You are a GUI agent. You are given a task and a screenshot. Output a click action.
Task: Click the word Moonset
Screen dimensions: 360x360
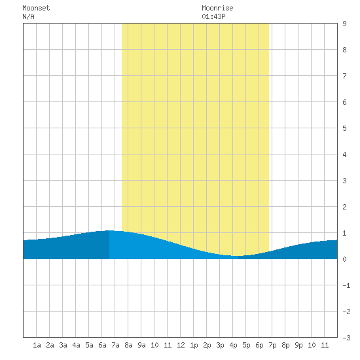pyautogui.click(x=36, y=8)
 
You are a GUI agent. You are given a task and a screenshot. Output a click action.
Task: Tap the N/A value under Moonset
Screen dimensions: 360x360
pyautogui.click(x=28, y=16)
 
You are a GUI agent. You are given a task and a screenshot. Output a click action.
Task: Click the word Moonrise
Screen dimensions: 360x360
pyautogui.click(x=217, y=8)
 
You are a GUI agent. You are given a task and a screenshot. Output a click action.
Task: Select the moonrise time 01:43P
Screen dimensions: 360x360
pyautogui.click(x=213, y=16)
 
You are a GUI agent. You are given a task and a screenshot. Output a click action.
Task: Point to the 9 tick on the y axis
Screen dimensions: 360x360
pyautogui.click(x=344, y=24)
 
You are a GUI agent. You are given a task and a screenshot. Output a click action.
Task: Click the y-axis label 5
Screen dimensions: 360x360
pyautogui.click(x=344, y=128)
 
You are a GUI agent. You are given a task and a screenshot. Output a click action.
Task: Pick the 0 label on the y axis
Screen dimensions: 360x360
pyautogui.click(x=344, y=259)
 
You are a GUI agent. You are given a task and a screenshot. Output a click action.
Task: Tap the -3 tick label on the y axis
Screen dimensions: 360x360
pyautogui.click(x=346, y=338)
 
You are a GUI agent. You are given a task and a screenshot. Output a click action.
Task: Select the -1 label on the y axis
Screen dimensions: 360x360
pyautogui.click(x=346, y=285)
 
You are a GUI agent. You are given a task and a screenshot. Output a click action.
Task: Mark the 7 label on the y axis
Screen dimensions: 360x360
pyautogui.click(x=344, y=76)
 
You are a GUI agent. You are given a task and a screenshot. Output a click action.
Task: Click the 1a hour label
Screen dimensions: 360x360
pyautogui.click(x=37, y=345)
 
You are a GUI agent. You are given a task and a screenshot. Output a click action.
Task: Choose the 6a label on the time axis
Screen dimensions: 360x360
pyautogui.click(x=102, y=345)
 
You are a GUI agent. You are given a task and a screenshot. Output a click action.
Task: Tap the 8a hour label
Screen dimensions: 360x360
pyautogui.click(x=128, y=345)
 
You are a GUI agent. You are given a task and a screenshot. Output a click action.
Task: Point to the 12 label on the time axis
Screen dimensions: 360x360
pyautogui.click(x=181, y=345)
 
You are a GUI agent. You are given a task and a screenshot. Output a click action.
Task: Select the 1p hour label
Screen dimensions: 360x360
pyautogui.click(x=194, y=345)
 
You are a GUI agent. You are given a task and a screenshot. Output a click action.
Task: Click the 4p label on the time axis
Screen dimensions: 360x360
pyautogui.click(x=233, y=345)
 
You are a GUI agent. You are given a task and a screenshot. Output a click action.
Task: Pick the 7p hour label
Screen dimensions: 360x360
pyautogui.click(x=272, y=345)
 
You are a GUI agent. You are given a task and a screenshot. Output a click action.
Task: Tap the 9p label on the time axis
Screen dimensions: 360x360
pyautogui.click(x=298, y=345)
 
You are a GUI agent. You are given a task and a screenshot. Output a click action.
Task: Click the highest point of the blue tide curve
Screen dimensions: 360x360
pyautogui.click(x=109, y=230)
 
